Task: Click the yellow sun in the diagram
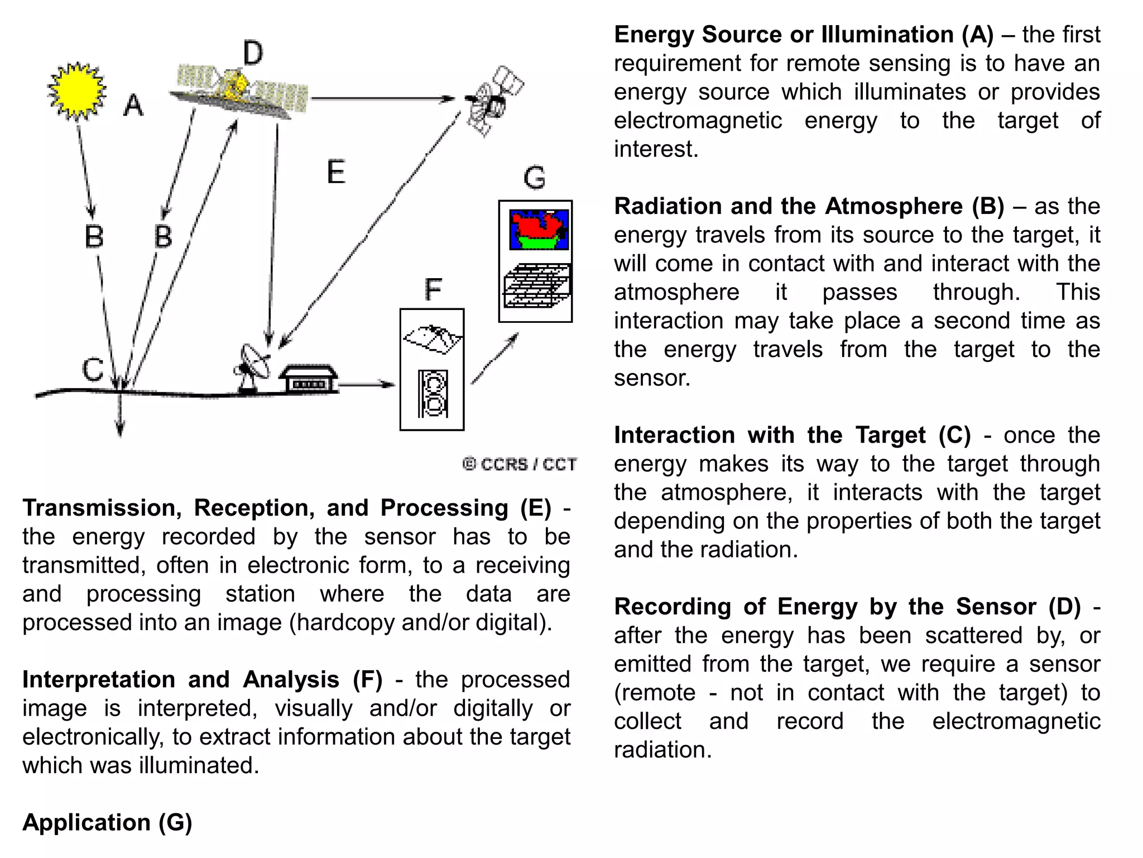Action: coord(76,91)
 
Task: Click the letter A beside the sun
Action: coord(133,105)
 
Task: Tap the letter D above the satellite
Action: coord(252,54)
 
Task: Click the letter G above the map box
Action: coord(534,178)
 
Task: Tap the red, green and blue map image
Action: coord(538,230)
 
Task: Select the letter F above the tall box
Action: coord(433,289)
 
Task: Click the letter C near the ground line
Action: coord(93,369)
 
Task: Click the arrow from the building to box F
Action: coord(366,384)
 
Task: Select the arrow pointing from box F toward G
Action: coord(494,359)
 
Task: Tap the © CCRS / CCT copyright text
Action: coord(520,464)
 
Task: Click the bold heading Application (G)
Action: coord(107,822)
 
